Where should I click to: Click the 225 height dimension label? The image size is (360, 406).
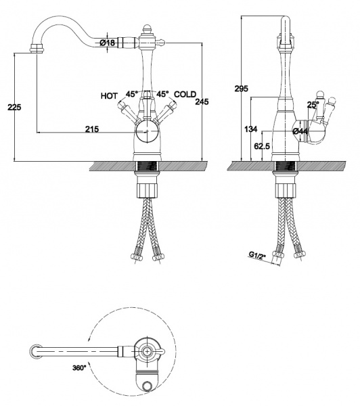[x=14, y=107]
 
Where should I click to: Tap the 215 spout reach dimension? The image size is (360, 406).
[x=92, y=129]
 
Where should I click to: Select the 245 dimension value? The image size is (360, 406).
[x=202, y=101]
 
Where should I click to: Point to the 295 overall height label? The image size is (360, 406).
[x=241, y=89]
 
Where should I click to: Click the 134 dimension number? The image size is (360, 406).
[x=250, y=129]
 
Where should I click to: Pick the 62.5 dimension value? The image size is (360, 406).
[x=262, y=146]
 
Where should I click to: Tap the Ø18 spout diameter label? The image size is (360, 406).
[x=108, y=43]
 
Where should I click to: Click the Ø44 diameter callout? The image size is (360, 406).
[x=300, y=131]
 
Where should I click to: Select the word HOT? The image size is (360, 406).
[x=109, y=96]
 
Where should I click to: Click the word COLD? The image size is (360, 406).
[x=185, y=94]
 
